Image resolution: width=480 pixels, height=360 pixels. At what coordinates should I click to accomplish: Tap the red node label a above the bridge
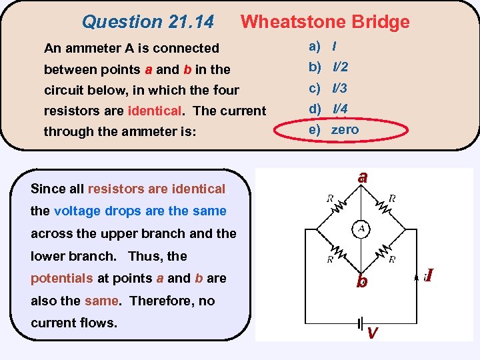coord(362,177)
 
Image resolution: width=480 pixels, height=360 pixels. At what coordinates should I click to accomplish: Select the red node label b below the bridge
coord(361,281)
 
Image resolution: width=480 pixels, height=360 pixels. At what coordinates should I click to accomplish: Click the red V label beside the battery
coord(373,333)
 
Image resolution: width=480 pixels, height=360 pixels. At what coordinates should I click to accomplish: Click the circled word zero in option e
coord(345,129)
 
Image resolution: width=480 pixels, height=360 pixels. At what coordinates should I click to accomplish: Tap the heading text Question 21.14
coord(147,22)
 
